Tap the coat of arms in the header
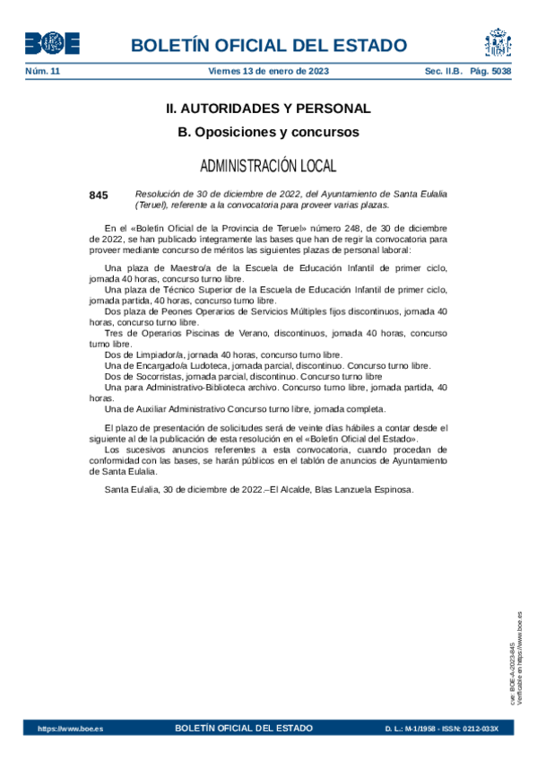(498, 43)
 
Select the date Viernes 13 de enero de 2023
(268, 71)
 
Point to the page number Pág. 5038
(491, 71)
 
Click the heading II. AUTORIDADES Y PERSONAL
(268, 109)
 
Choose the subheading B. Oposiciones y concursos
(268, 132)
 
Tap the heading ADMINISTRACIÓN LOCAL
(268, 166)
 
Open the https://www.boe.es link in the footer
(70, 728)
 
